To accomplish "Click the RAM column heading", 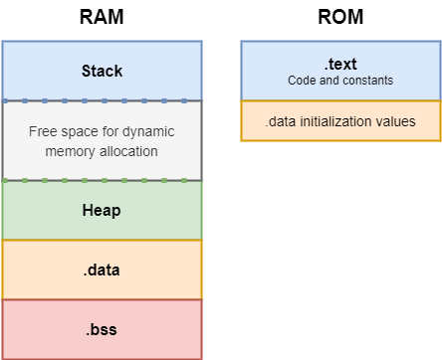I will (102, 18).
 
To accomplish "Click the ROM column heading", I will (340, 18).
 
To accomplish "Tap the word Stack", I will (102, 71).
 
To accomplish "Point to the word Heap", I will (102, 210).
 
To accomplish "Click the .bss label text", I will (102, 328).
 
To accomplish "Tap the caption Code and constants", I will (340, 80).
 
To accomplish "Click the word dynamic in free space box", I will (148, 130).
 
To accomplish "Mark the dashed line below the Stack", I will (102, 100).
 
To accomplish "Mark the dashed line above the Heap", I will (102, 180).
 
